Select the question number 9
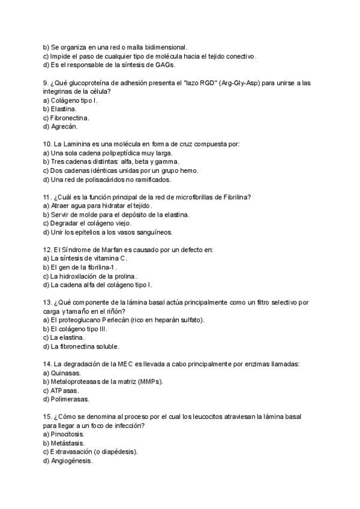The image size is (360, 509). tap(46, 83)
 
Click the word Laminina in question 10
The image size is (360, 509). tap(82, 144)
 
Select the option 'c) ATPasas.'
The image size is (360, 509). tap(61, 390)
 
